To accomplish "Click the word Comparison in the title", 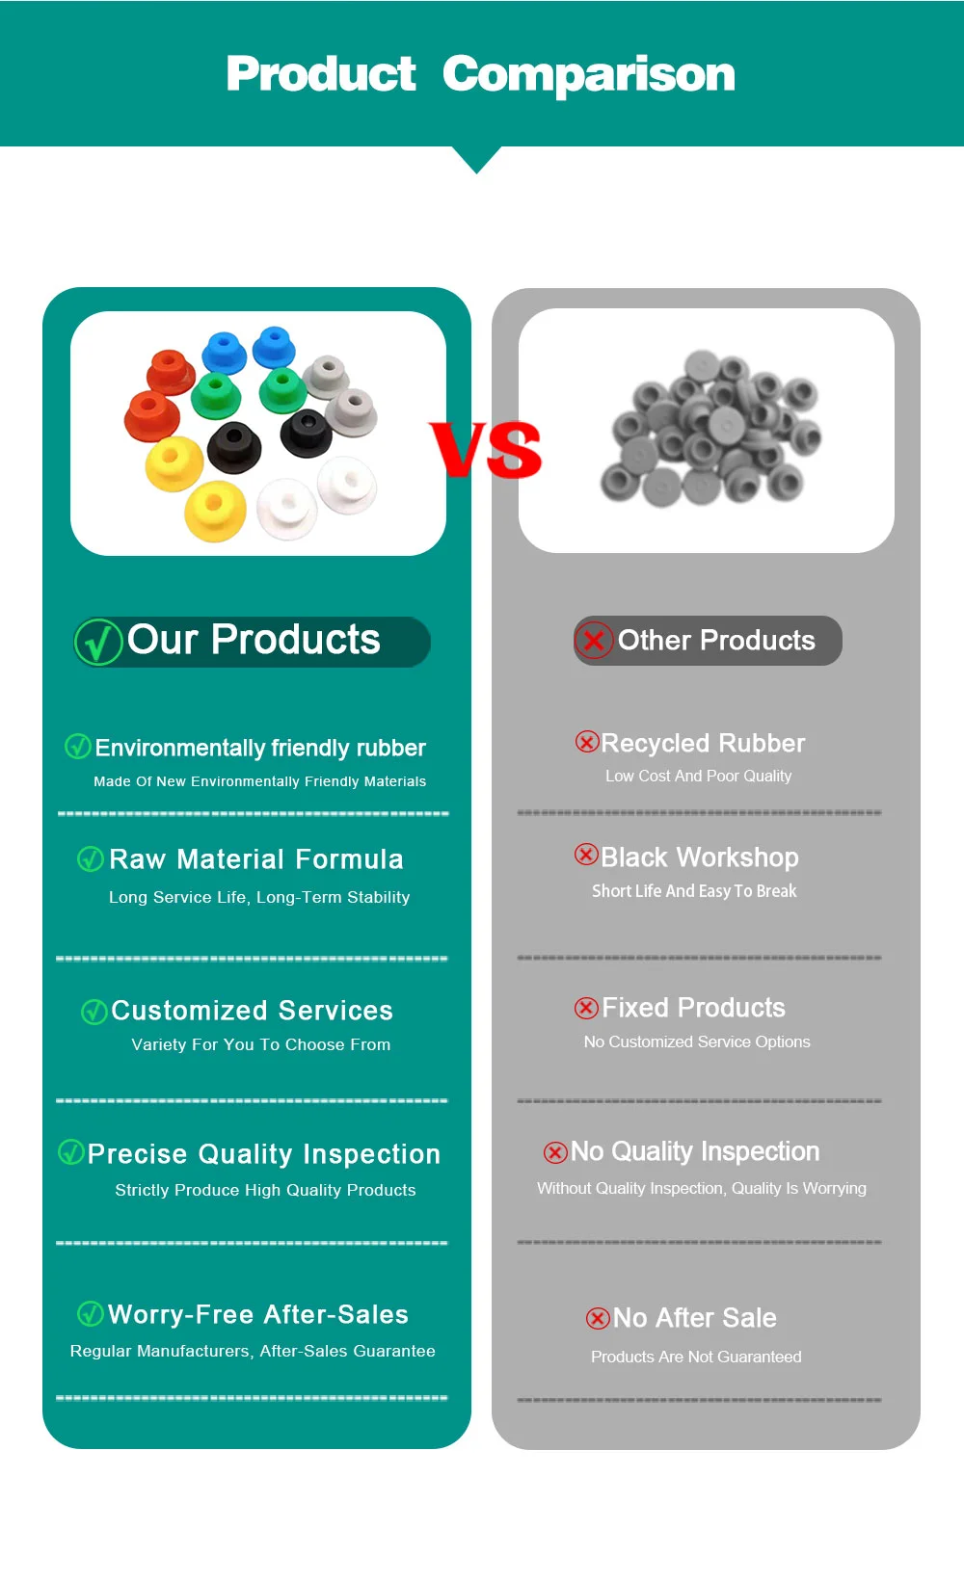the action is coord(589,75).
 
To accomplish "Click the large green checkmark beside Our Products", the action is coord(98,642).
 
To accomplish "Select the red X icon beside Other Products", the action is coord(594,641).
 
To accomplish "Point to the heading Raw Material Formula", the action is coord(255,858).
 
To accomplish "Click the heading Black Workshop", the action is coord(700,857).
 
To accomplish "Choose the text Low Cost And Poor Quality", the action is coord(698,776).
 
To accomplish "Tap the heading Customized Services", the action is coord(252,1011).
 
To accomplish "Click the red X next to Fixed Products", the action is coord(586,1008).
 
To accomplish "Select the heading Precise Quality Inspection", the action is coord(263,1154).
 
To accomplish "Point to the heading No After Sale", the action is coord(695,1318).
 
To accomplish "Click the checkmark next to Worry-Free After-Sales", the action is coord(90,1314).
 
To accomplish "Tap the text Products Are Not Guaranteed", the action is coord(696,1357).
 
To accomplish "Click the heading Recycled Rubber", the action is coord(703,743).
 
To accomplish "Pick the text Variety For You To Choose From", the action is coord(261,1044).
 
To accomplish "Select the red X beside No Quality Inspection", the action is coord(555,1152).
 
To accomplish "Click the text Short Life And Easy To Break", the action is coord(694,891).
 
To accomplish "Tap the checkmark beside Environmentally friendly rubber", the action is coord(78,746).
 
